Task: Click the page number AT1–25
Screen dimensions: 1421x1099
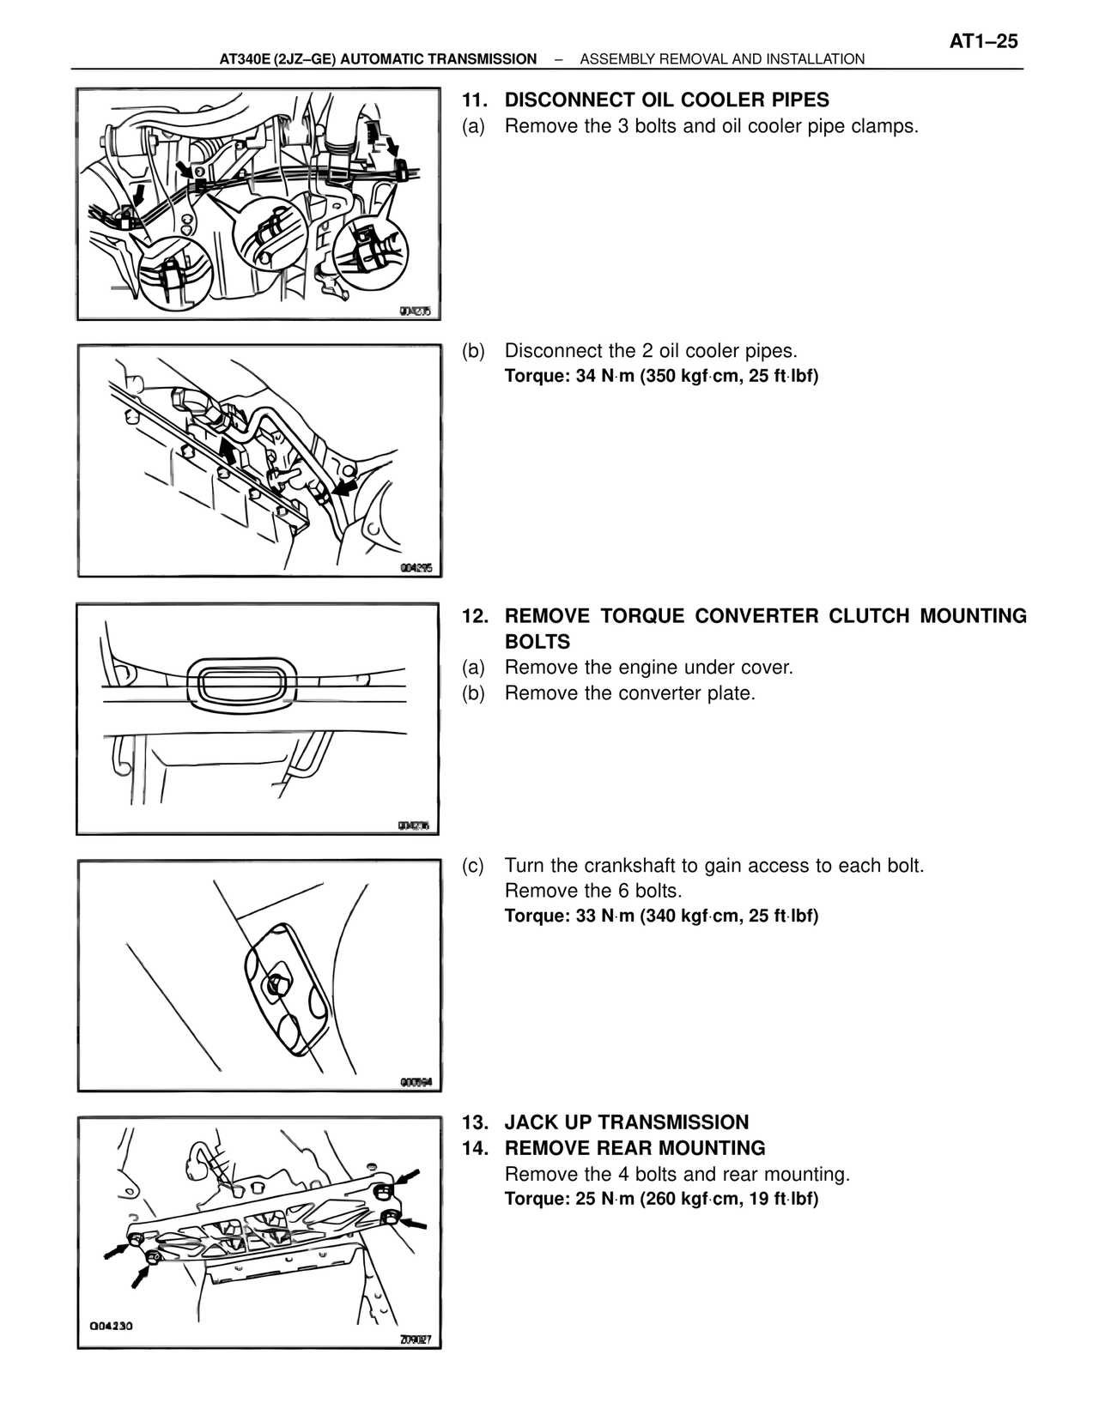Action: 983,41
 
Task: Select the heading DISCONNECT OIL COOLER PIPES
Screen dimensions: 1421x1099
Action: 666,100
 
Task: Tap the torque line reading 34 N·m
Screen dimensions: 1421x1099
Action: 661,377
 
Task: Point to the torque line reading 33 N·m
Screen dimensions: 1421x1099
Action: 661,916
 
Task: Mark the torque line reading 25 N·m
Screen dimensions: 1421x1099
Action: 661,1199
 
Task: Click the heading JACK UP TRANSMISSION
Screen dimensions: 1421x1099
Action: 626,1122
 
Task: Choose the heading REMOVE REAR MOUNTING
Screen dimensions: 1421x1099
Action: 635,1148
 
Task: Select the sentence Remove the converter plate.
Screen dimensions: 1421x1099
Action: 629,693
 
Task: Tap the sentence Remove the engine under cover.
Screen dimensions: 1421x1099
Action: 648,668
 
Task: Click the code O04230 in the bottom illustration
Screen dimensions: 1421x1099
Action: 112,1326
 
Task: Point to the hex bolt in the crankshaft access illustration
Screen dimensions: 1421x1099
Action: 277,985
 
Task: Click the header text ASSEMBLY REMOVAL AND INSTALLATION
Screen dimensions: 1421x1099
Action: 722,59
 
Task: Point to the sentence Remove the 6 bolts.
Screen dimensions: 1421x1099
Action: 592,891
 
